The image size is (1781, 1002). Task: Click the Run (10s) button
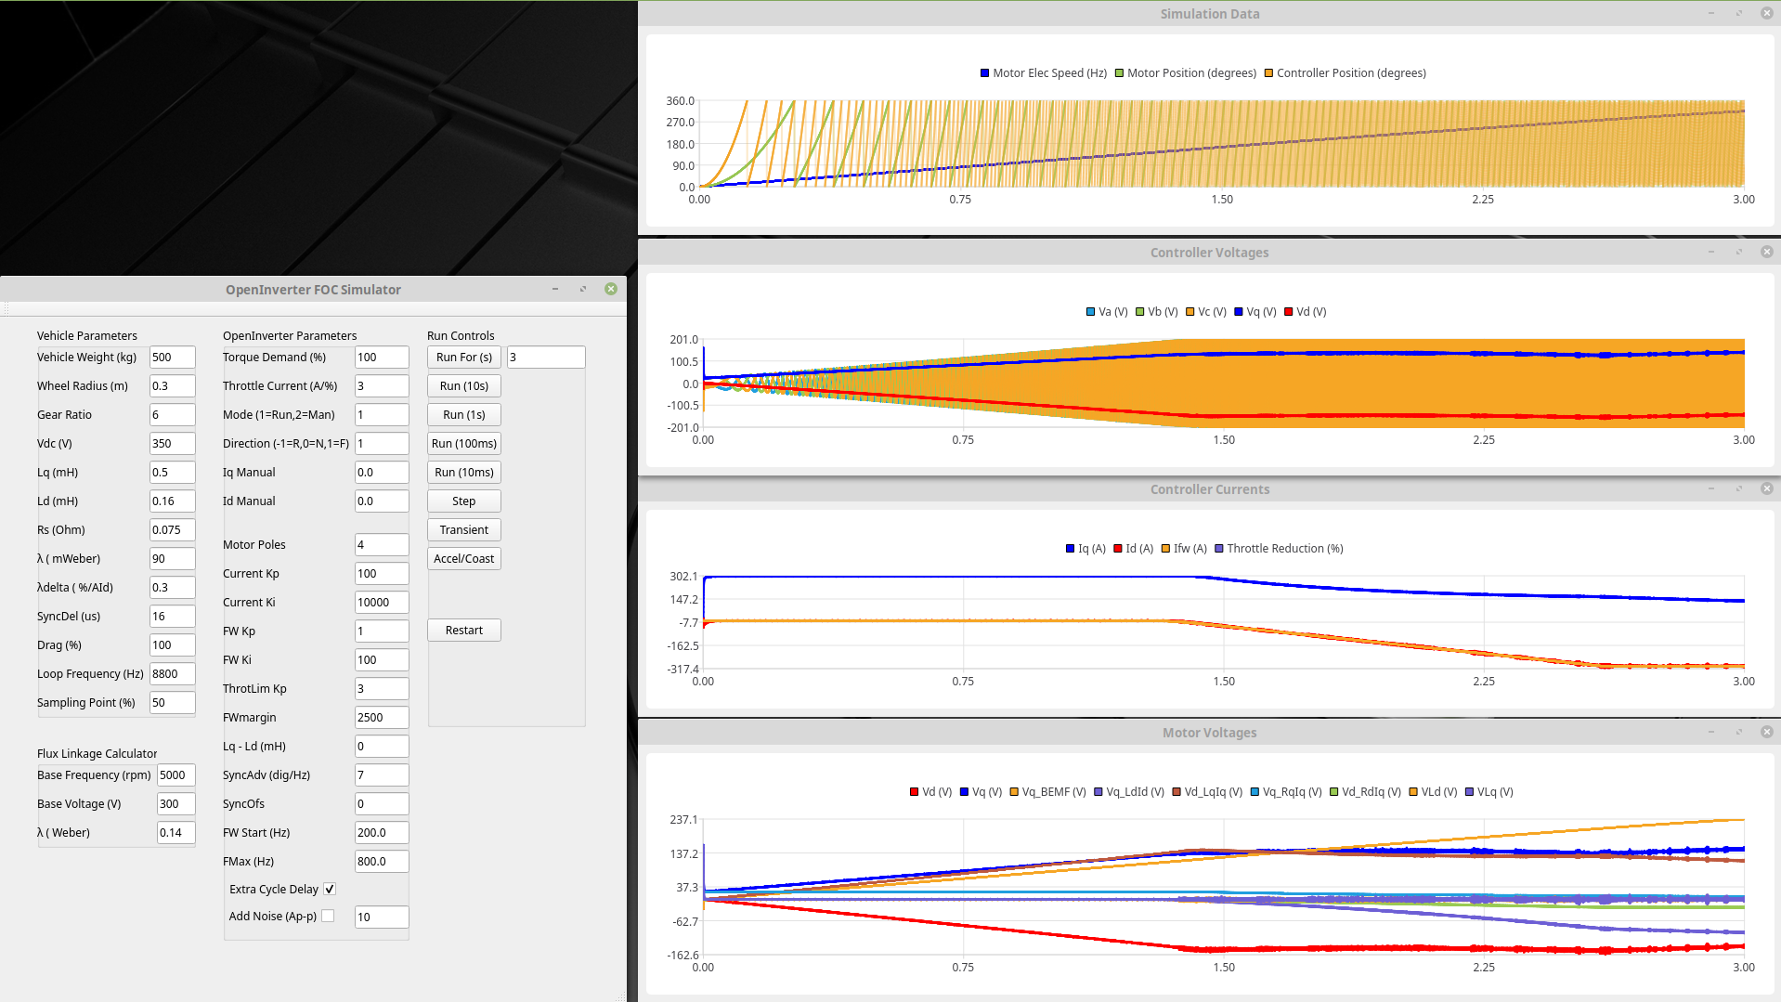pos(463,386)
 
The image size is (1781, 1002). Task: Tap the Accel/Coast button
pos(463,559)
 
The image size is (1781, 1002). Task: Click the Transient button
pos(463,530)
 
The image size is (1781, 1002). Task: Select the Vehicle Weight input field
pos(172,358)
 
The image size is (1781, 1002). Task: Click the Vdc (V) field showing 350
pos(172,444)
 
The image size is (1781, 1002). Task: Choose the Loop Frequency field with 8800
pos(172,674)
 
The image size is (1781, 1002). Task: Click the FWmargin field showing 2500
pos(381,718)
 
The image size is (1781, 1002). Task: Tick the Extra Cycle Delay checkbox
pos(330,890)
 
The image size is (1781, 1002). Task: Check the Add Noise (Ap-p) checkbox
pos(328,917)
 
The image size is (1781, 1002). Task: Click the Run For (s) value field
pos(545,358)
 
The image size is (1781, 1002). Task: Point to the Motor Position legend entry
pos(1186,73)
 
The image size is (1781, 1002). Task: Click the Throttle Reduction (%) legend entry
pos(1279,549)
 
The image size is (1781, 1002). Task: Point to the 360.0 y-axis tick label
pos(680,101)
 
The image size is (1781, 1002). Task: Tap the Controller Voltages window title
pos(1209,253)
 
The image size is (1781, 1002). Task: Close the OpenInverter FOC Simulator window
pos(611,289)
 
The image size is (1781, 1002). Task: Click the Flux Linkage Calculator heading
pos(97,754)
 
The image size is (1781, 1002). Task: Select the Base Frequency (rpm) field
pos(175,775)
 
